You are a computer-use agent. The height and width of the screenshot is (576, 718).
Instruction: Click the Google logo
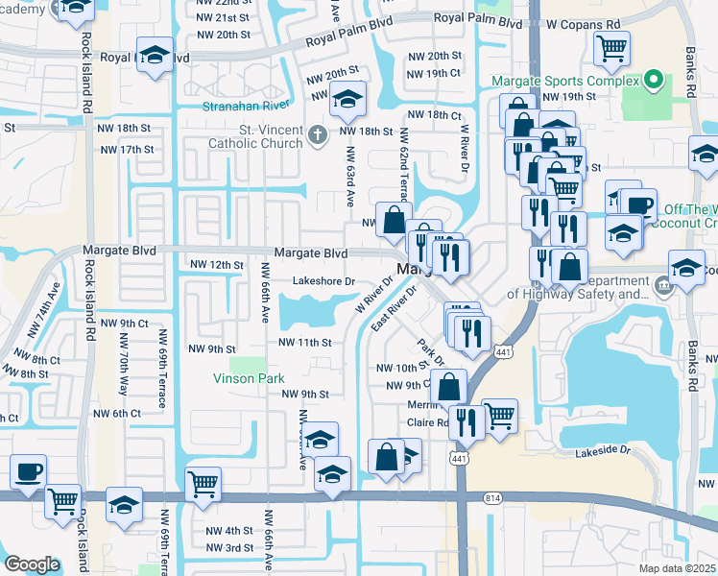click(x=33, y=564)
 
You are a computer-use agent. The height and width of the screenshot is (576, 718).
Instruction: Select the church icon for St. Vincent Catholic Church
click(x=320, y=136)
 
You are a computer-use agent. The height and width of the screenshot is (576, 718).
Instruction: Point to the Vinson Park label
click(x=249, y=378)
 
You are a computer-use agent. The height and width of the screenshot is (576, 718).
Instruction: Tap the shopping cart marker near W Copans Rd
click(x=611, y=46)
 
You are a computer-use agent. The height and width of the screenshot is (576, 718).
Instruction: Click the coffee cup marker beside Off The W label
click(x=639, y=204)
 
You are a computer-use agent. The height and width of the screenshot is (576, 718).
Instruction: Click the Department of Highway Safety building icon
click(x=662, y=284)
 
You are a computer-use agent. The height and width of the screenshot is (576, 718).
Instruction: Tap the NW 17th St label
click(x=127, y=150)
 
